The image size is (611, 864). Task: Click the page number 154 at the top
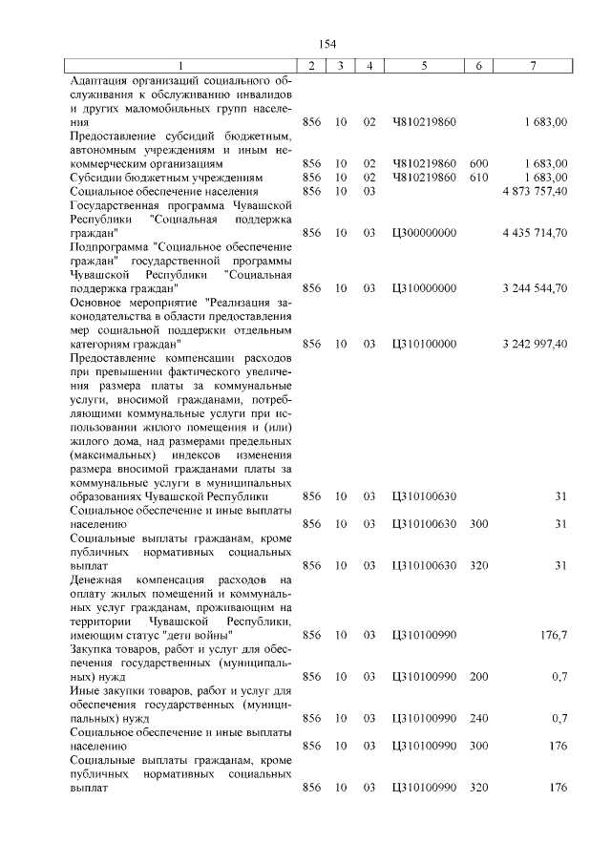327,44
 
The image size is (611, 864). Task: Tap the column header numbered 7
532,65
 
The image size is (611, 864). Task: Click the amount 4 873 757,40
534,191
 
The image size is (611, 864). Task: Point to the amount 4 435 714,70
534,232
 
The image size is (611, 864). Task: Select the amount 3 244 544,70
534,287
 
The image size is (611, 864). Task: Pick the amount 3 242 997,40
534,343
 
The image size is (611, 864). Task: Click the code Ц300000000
424,232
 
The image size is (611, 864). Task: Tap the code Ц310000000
424,287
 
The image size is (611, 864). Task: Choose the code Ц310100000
424,343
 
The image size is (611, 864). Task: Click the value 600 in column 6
479,163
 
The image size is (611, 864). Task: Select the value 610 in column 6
479,178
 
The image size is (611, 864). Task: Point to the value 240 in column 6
479,718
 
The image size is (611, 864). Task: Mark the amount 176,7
552,635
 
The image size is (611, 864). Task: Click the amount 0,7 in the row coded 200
558,677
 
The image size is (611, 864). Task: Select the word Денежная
96,580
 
